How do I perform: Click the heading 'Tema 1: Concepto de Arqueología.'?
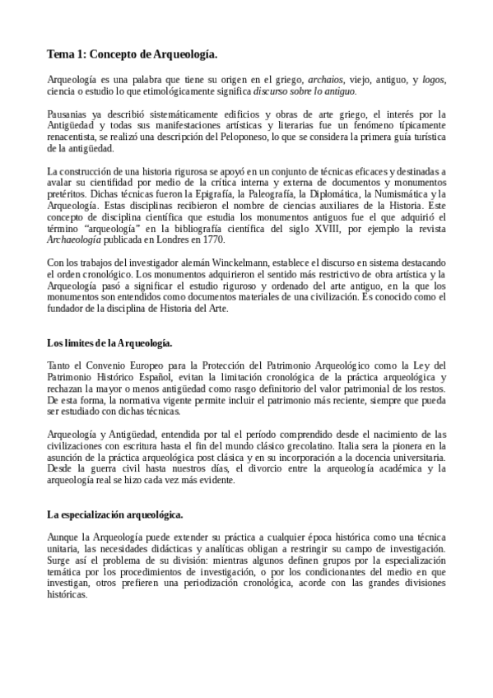pyautogui.click(x=132, y=54)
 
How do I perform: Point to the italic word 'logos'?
pyautogui.click(x=433, y=79)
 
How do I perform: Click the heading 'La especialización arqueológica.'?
pyautogui.click(x=115, y=514)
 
